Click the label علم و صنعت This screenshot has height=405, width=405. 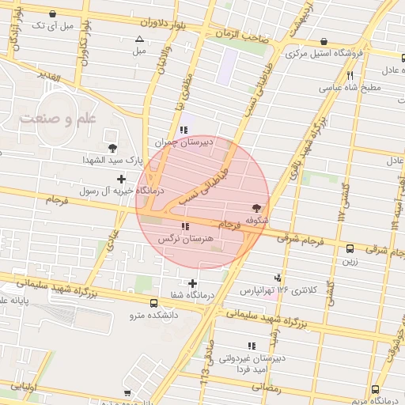coord(58,119)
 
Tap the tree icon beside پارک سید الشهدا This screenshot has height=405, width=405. coord(113,148)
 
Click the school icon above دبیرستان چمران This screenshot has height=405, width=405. coord(184,130)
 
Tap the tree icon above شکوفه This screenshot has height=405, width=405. coord(255,207)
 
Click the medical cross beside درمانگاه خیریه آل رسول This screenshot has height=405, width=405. coord(121,178)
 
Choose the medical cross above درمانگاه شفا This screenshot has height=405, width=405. coord(192,283)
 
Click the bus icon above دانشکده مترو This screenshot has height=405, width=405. coord(153,303)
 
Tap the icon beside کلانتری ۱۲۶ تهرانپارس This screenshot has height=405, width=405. coord(278,278)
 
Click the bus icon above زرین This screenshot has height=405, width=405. coord(350,248)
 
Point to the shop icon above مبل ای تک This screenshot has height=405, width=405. coord(53,13)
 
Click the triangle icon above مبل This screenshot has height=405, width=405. coord(140,39)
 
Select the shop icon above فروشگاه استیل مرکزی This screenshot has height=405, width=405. coord(324,42)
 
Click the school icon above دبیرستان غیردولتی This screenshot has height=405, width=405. coord(252,346)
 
